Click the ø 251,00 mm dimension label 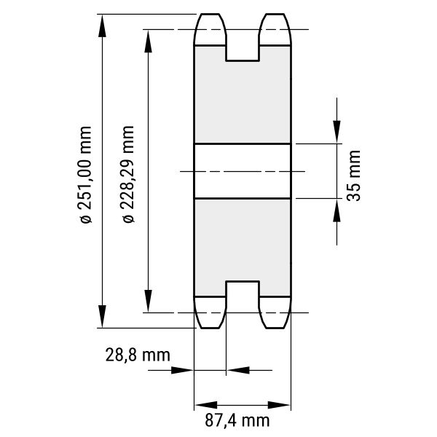(x=85, y=175)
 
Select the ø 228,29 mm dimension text (x=128, y=174)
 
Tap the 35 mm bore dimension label (x=354, y=176)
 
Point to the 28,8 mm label (x=138, y=355)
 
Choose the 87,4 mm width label (x=237, y=420)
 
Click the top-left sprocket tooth (x=210, y=29)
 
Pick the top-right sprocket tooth (x=275, y=29)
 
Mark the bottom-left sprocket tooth (x=210, y=312)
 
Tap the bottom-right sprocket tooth (x=275, y=312)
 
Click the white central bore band (x=243, y=171)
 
